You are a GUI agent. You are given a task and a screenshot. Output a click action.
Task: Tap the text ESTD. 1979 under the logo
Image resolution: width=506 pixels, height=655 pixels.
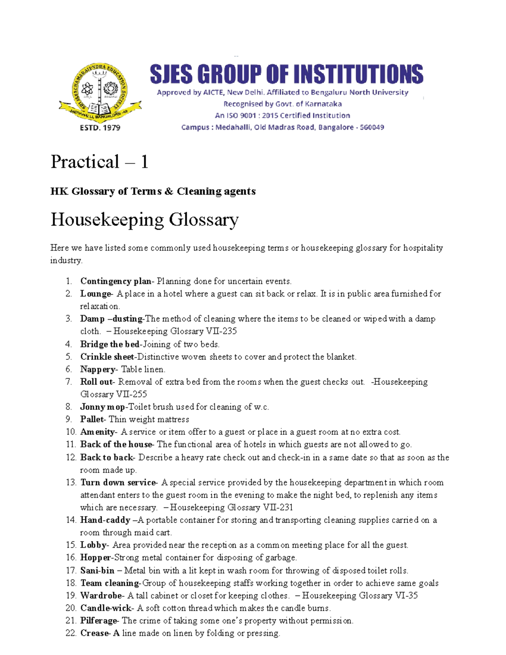coord(100,127)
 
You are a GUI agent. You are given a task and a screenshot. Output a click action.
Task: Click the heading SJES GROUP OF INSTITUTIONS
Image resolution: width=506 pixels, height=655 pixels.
coord(286,74)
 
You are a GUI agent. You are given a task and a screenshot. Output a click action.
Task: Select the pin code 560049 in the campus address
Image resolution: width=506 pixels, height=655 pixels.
coord(371,127)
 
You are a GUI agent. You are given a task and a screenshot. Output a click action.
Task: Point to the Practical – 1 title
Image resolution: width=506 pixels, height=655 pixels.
coord(100,162)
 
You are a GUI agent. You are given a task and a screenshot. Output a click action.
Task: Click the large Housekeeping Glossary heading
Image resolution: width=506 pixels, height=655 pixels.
coord(145,220)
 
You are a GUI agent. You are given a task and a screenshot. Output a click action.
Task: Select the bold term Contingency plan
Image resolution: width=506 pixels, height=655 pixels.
coord(116,281)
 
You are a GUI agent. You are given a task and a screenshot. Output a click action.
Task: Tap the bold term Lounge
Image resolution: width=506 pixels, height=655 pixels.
coord(95,294)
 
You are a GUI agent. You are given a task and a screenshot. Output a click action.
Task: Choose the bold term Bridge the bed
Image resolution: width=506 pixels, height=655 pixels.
coord(110,344)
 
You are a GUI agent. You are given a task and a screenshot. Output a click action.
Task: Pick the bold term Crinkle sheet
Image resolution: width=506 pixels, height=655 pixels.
coord(107,357)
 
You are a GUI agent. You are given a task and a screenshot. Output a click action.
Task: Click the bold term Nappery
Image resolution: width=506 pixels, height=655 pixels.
coord(98,369)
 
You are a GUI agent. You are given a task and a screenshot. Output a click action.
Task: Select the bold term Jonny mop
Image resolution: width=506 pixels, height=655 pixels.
coord(102,407)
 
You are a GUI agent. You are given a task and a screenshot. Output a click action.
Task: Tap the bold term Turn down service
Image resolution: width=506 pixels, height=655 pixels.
coord(118,482)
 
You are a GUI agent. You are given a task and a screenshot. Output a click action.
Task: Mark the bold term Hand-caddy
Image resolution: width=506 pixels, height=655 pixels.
coord(105,520)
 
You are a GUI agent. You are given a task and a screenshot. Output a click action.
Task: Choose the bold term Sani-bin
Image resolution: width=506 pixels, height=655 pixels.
coord(97,571)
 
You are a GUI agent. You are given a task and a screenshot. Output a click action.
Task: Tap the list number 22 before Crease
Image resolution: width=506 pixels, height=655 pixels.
coord(71,633)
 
